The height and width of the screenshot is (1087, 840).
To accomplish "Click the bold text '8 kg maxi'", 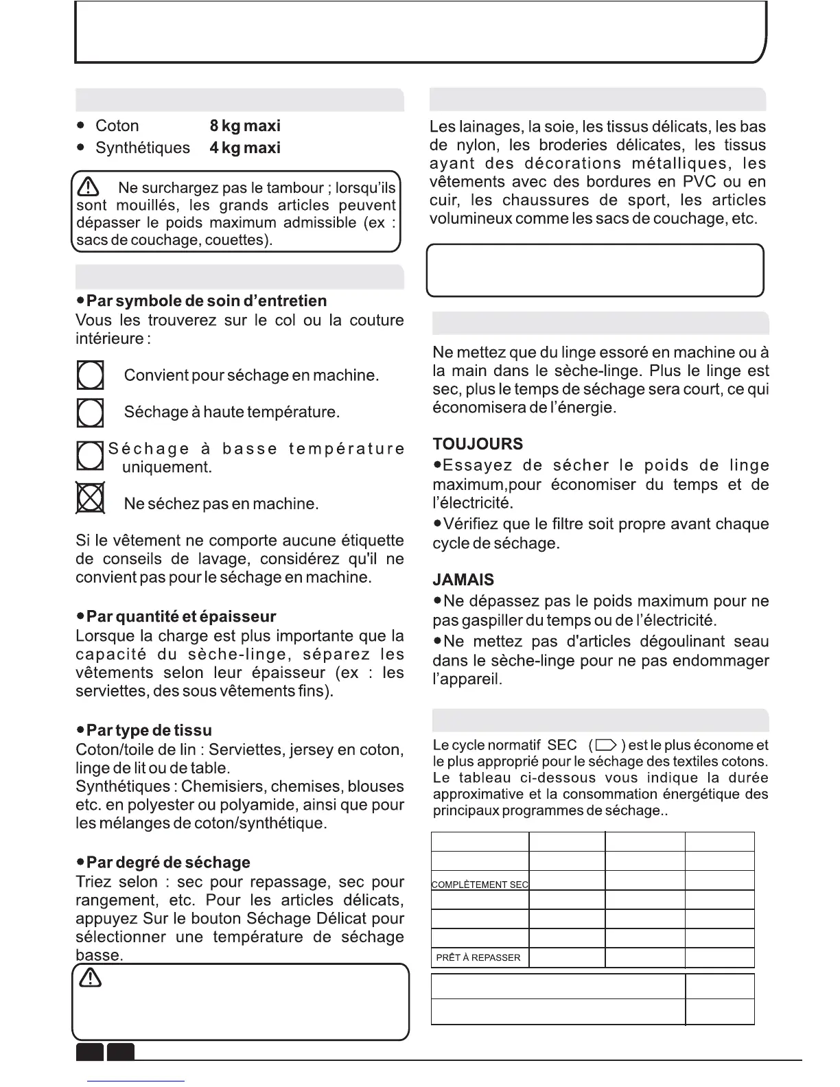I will [x=245, y=126].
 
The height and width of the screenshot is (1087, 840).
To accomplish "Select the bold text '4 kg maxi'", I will [x=245, y=148].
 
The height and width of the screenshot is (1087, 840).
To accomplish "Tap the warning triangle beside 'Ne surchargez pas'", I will [x=89, y=187].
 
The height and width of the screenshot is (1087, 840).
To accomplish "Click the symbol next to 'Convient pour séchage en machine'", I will [x=90, y=376].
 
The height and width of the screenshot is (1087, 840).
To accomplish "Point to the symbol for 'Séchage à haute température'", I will [x=90, y=412].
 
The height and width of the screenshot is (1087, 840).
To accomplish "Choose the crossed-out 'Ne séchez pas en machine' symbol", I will [x=90, y=498].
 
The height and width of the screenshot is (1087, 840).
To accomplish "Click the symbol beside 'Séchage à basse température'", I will [x=90, y=455].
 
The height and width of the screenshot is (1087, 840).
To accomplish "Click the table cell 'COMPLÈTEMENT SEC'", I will [x=480, y=885].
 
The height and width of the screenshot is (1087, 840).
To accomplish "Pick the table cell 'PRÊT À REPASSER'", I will [x=478, y=957].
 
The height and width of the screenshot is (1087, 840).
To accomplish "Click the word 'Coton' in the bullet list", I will [x=117, y=126].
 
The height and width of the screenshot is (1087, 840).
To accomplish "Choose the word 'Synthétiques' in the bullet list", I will [x=143, y=148].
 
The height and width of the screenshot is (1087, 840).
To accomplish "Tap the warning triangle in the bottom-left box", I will [x=91, y=980].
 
